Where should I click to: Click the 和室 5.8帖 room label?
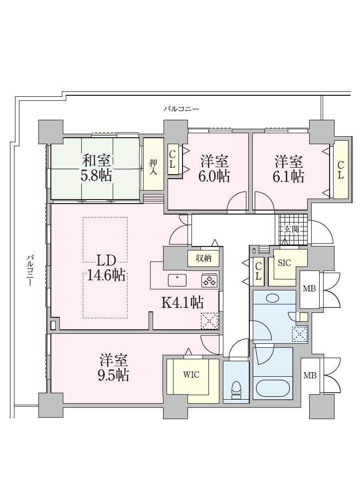[96, 168]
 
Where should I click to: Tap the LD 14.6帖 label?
[106, 267]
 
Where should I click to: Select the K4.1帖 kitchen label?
[183, 302]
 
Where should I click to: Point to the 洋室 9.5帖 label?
[114, 368]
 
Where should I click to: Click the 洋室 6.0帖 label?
[214, 169]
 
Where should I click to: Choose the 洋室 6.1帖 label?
[289, 169]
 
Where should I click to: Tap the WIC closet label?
[191, 375]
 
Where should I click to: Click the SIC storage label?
[284, 263]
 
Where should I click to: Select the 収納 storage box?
[203, 258]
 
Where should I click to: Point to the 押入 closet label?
[153, 167]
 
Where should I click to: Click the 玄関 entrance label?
[291, 229]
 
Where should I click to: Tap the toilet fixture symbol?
[236, 389]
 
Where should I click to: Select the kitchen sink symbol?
[177, 280]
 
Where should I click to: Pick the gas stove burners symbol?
[209, 280]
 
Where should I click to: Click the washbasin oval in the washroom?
[273, 298]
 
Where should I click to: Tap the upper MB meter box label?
[309, 288]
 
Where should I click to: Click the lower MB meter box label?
[310, 375]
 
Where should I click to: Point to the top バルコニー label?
[181, 109]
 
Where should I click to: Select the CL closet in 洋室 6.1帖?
[341, 170]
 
